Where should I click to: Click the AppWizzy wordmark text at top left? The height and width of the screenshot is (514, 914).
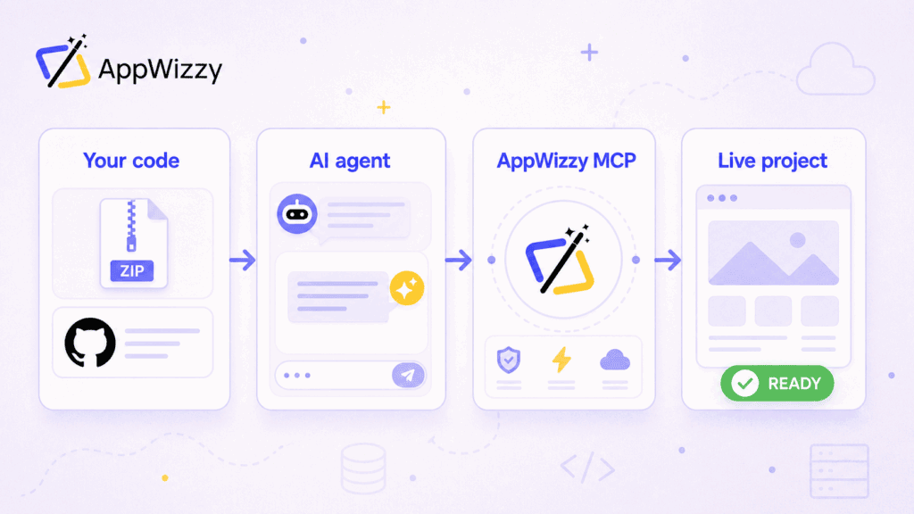point(161,70)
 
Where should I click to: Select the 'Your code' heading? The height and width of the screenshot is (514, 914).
point(131,161)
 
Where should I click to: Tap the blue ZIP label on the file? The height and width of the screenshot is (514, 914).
point(132,270)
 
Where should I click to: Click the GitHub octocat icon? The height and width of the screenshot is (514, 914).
point(90,343)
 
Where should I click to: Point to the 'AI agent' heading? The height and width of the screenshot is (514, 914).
point(350,161)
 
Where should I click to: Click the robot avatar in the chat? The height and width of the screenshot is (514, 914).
point(297,214)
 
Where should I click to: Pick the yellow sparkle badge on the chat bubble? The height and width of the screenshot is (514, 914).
point(407,288)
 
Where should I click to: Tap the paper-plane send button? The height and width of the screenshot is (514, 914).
point(408,376)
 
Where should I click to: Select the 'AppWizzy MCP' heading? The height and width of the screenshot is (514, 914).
point(566,161)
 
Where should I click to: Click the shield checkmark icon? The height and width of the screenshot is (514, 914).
point(508,361)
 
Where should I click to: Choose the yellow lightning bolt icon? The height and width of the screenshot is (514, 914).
point(561,360)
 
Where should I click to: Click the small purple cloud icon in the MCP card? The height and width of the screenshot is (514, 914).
point(615,361)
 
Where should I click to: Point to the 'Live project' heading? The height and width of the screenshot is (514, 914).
point(772,161)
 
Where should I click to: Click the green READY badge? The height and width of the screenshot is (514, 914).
point(777,383)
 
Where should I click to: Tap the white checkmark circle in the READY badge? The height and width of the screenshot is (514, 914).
point(745,384)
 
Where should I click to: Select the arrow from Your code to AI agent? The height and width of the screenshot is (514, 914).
point(243,260)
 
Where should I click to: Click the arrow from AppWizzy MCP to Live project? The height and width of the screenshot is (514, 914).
point(668,260)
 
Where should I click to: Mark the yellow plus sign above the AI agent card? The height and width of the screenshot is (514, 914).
point(384,107)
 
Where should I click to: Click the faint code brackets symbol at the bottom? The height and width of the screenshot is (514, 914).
point(587,468)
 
